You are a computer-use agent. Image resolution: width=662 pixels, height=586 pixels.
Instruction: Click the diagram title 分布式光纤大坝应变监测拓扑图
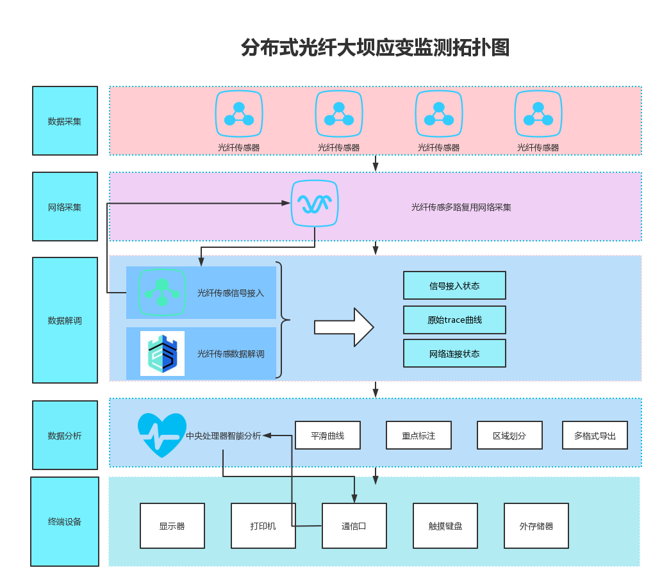click(x=375, y=47)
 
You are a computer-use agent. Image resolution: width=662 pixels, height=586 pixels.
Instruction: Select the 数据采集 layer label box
click(x=65, y=121)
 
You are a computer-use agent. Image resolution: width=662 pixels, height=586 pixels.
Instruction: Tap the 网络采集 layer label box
click(x=65, y=207)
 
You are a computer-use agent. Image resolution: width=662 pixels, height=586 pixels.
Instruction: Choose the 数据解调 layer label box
click(x=65, y=320)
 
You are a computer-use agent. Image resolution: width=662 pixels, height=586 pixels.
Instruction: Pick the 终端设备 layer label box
click(x=65, y=521)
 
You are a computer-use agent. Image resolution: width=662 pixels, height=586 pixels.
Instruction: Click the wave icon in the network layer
click(x=315, y=204)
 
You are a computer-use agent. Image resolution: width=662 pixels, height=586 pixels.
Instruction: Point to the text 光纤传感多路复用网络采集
click(x=461, y=208)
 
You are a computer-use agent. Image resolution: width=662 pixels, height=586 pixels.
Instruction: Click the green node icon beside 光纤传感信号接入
click(x=162, y=293)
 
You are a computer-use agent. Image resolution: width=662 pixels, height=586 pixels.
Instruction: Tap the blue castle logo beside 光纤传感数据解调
click(x=162, y=354)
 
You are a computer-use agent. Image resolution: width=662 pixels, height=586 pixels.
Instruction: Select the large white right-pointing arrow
click(x=343, y=327)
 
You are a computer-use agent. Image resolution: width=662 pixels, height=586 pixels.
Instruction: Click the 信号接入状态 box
click(x=454, y=286)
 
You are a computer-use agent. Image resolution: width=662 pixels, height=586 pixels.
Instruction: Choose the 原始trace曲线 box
click(x=454, y=320)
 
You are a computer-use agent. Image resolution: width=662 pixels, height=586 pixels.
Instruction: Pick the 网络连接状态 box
click(x=454, y=354)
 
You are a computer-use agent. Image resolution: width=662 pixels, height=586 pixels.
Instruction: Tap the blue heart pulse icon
click(x=162, y=435)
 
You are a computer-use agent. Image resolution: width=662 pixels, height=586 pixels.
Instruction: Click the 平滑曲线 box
click(x=327, y=435)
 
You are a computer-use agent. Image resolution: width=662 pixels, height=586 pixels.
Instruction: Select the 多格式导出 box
click(x=595, y=435)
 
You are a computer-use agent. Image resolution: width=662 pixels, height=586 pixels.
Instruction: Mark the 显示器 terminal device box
click(x=172, y=526)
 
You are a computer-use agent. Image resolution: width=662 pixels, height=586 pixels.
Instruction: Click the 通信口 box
click(x=354, y=526)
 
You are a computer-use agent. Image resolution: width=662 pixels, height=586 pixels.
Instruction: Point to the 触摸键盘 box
click(x=445, y=526)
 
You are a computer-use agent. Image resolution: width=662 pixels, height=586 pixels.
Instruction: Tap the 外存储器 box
click(x=536, y=526)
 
